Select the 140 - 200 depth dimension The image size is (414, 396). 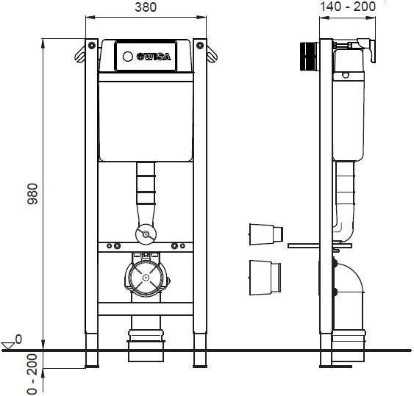point(348,7)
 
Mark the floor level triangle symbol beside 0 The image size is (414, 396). point(9,343)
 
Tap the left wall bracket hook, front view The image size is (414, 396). point(79,52)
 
